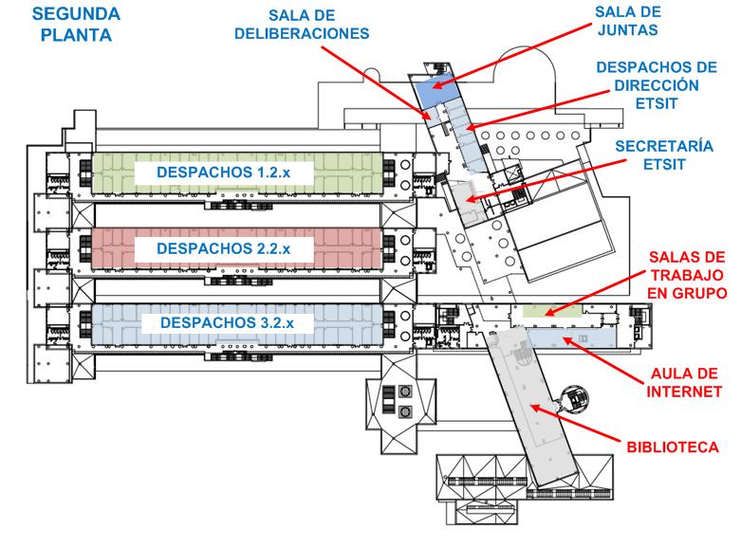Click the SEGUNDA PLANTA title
76,25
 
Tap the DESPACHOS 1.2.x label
224,173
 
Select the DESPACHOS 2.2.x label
224,248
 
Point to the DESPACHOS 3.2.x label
227,323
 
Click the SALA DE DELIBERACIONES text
302,25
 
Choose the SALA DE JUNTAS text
627,21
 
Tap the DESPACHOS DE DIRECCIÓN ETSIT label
657,85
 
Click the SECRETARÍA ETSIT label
664,155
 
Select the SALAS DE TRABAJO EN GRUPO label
687,275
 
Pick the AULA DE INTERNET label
684,383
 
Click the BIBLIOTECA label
673,447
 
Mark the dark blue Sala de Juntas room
435,90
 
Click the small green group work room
551,311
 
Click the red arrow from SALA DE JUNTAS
512,56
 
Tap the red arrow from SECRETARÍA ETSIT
546,181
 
